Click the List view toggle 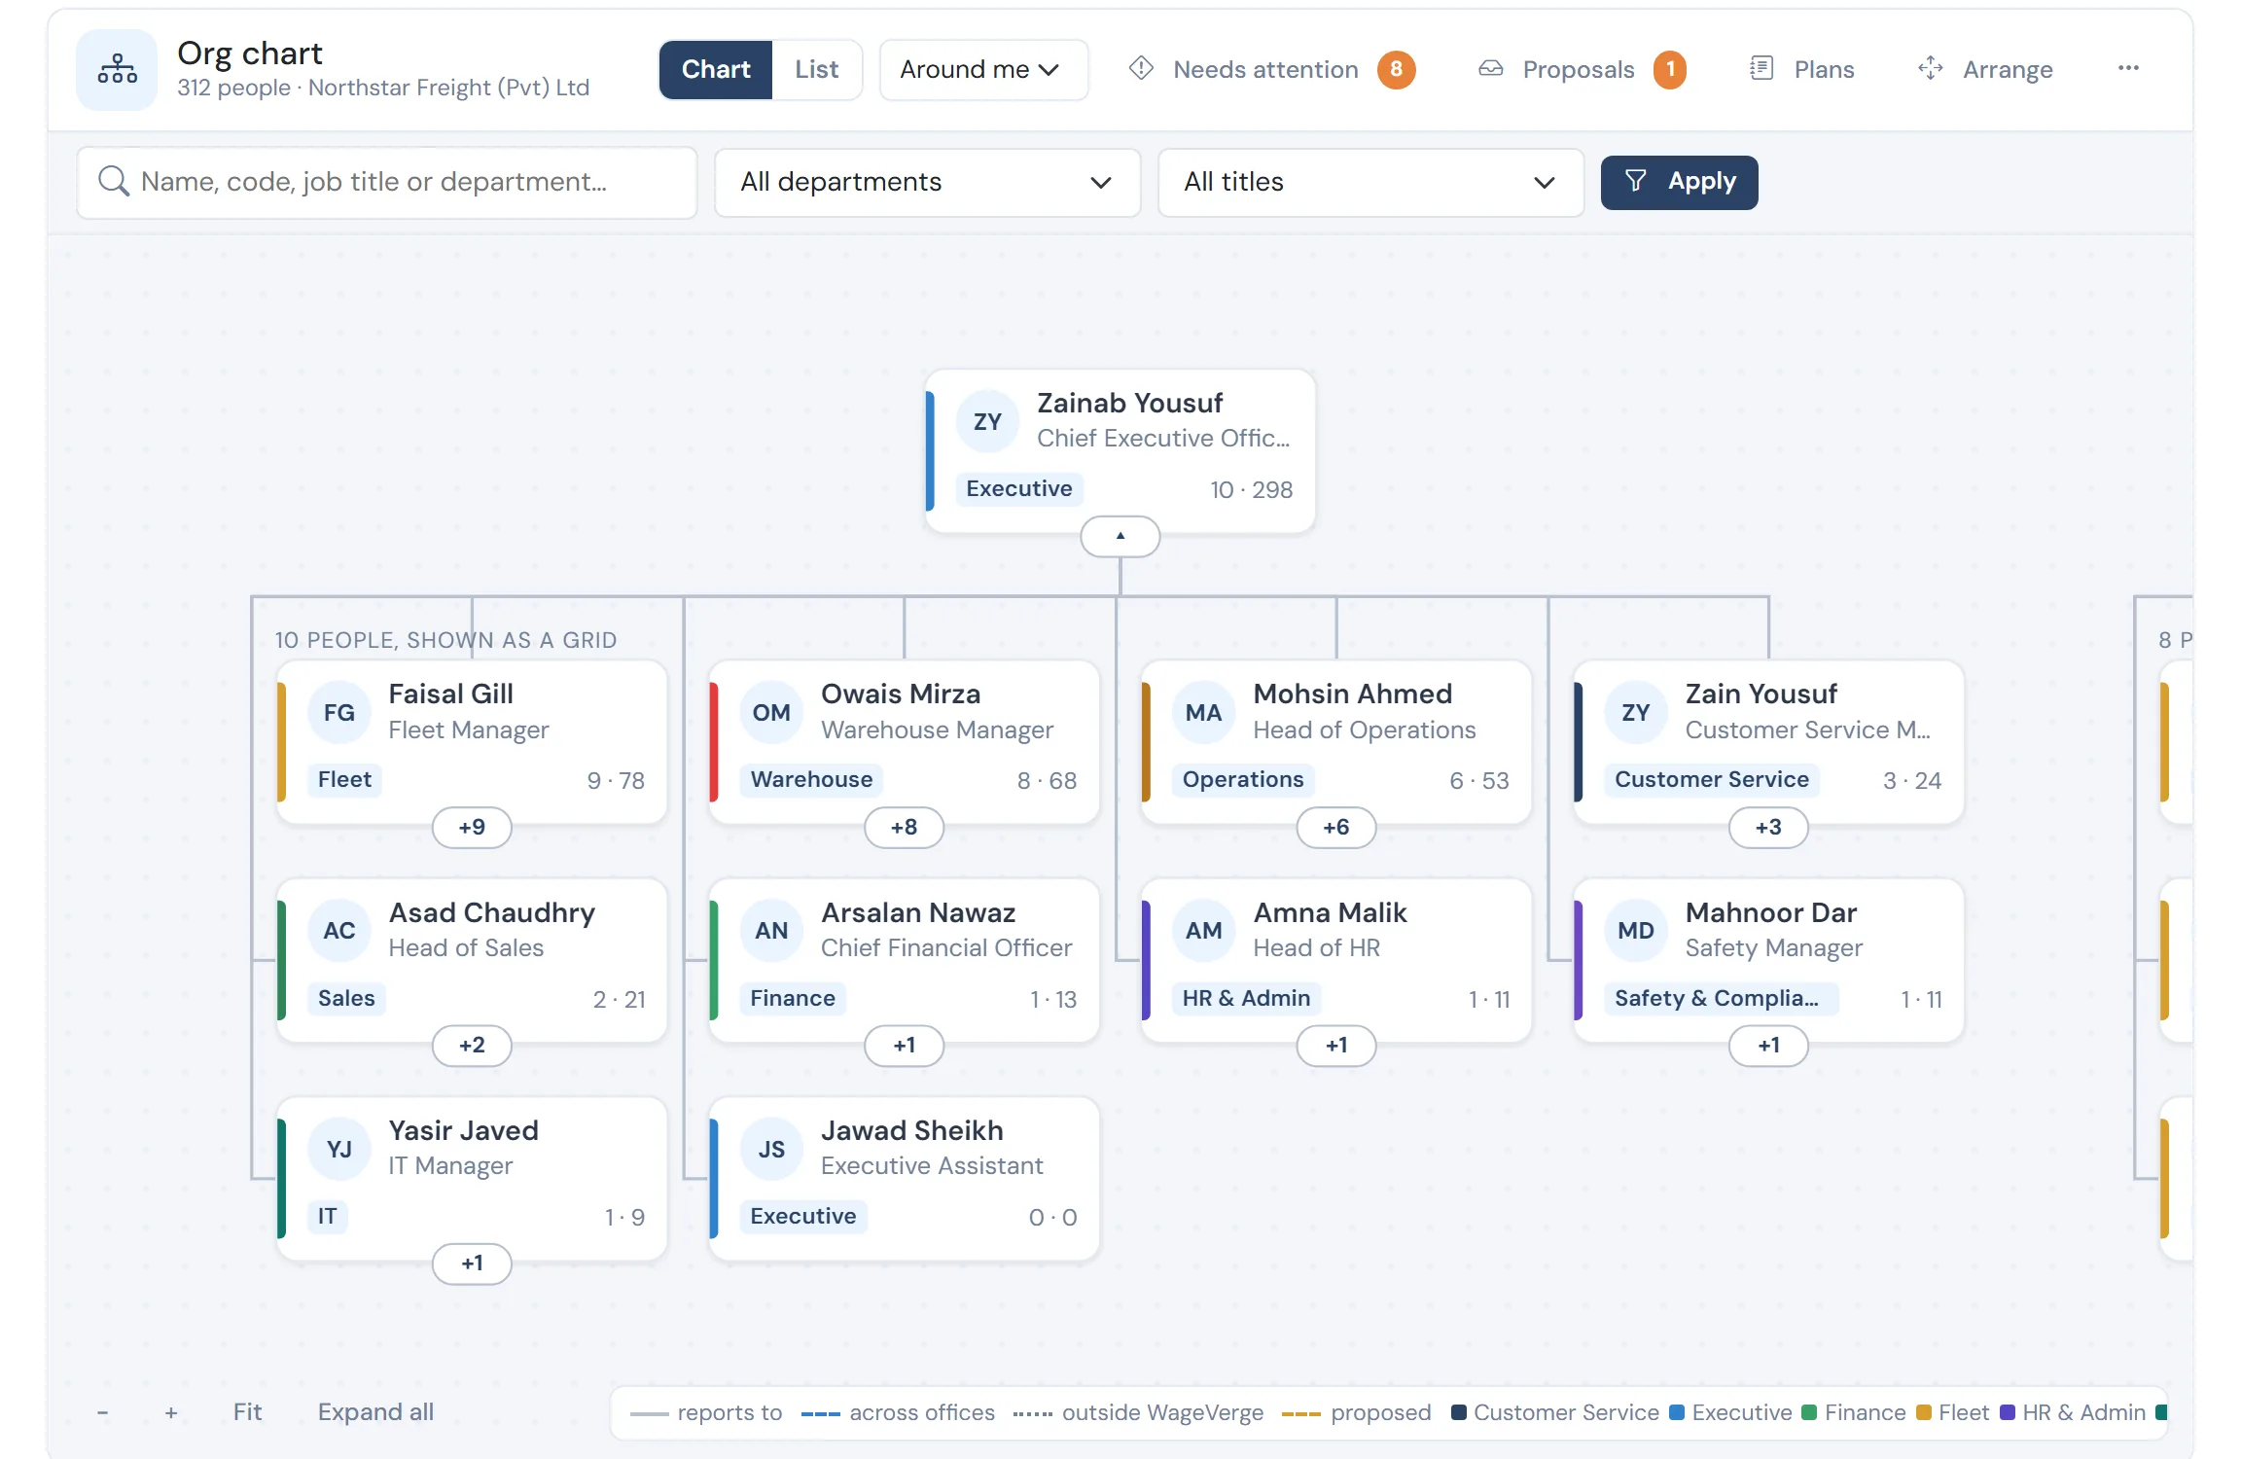(816, 69)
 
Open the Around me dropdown (983, 69)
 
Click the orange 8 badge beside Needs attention (1396, 69)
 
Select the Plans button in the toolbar (1802, 69)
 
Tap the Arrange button (1985, 69)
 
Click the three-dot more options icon (2128, 68)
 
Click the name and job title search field (387, 182)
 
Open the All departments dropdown (927, 182)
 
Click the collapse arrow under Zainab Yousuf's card (1120, 536)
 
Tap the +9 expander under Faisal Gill (472, 827)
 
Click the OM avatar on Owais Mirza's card (771, 712)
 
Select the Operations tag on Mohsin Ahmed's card (1243, 779)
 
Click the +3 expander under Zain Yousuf (1768, 827)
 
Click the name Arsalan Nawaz (918, 912)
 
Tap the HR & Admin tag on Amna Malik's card (1246, 998)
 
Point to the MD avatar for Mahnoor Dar (1636, 931)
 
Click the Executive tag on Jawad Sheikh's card (803, 1216)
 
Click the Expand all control (375, 1411)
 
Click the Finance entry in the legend (1854, 1412)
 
